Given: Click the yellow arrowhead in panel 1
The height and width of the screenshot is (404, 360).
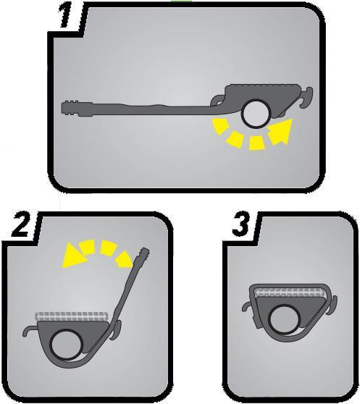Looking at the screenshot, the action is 281,130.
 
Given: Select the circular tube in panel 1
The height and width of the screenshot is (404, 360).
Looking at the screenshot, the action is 256,114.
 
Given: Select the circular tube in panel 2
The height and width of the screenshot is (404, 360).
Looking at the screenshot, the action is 67,344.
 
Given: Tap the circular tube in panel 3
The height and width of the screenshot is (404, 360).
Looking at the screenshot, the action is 285,320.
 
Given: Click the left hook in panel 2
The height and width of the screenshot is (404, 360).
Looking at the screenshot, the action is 30,330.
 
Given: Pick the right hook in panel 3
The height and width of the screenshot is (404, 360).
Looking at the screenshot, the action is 332,305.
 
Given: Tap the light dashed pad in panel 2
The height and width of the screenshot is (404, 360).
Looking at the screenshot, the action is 71,316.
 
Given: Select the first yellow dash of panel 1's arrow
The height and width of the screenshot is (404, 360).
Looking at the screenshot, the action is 219,126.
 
